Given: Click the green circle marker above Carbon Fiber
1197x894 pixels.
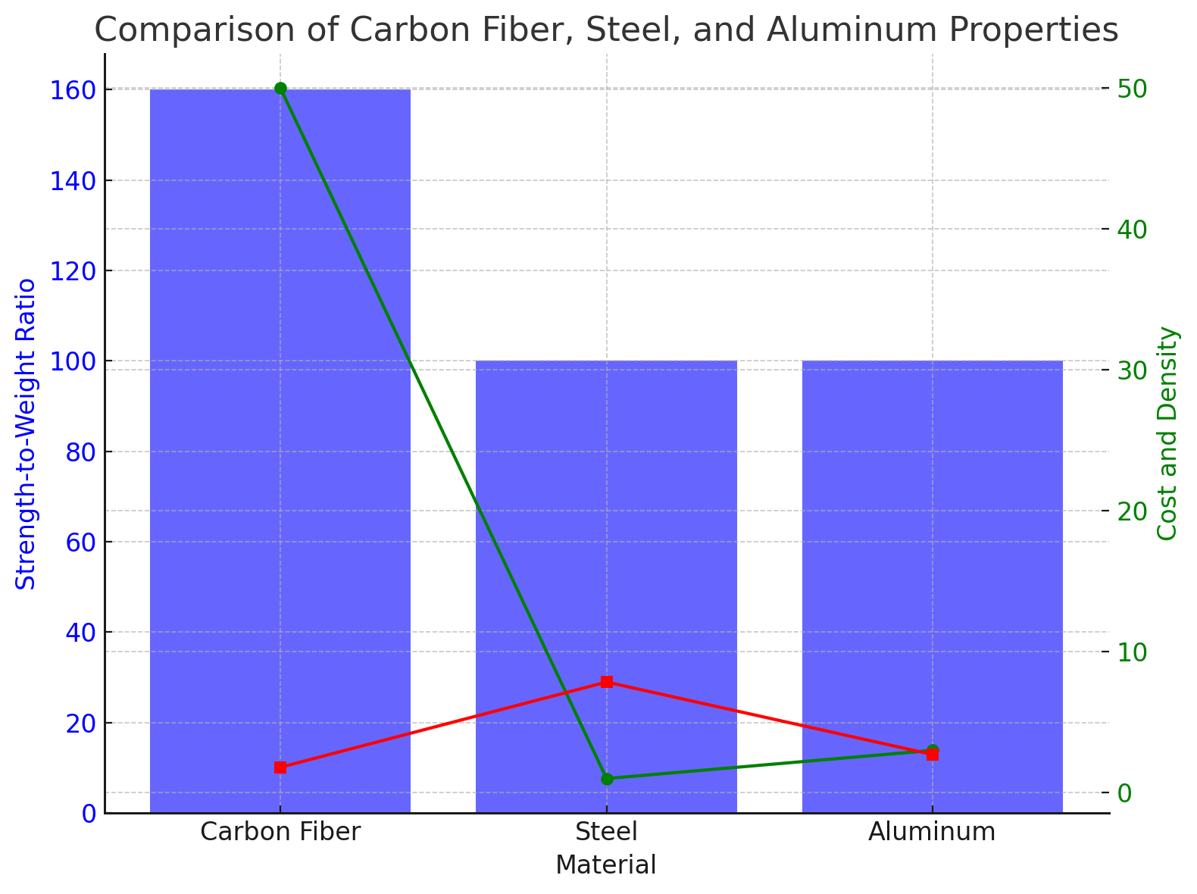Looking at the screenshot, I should (280, 89).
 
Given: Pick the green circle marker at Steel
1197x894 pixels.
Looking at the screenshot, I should (607, 779).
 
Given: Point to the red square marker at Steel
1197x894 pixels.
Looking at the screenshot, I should (607, 682).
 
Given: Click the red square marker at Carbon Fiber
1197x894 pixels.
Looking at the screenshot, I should (280, 767).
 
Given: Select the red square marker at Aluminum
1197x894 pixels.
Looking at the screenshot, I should (933, 755).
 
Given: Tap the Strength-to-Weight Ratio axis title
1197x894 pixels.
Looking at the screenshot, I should (27, 433).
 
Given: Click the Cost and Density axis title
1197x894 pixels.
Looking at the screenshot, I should (1169, 433).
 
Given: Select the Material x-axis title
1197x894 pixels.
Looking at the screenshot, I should (606, 865).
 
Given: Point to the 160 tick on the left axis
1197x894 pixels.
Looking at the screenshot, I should (74, 90).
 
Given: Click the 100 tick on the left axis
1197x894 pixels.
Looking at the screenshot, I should (74, 361).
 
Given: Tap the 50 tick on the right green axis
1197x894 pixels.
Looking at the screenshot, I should (1132, 89).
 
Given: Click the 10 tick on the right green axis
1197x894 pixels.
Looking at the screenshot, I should (1132, 652).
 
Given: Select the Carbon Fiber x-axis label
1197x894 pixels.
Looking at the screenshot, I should (280, 832).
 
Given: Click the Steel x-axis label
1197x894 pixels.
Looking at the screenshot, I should (606, 832).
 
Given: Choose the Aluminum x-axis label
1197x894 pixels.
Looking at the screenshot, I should (932, 832).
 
